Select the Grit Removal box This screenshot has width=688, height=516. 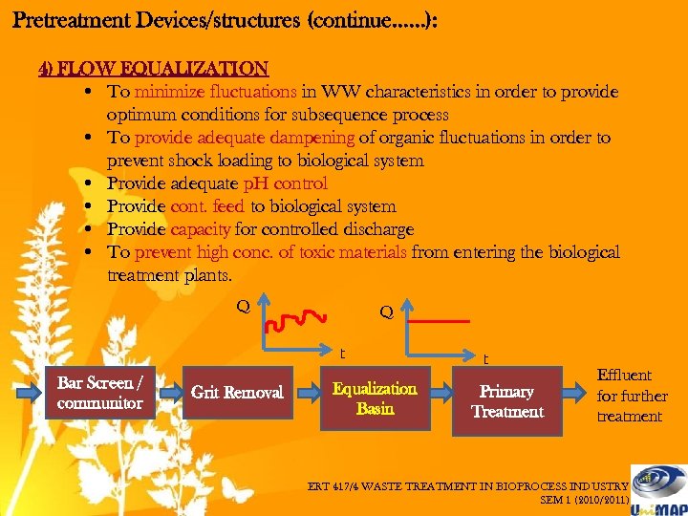coord(237,393)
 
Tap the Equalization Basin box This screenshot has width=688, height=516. coord(374,398)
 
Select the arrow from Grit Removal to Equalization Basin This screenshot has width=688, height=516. coord(307,393)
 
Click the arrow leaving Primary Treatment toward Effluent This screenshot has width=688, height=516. coord(577,394)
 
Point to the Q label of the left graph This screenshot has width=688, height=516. coord(244,306)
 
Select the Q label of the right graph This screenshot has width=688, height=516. coord(386,312)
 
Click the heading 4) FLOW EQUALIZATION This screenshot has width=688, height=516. coord(153,69)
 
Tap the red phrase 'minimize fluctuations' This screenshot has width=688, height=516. coord(216,93)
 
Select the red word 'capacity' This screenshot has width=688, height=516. coord(201,229)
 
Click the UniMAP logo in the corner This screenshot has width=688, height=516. coord(659,489)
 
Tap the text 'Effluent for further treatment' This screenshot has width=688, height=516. coord(631,396)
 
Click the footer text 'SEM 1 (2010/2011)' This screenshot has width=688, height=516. coord(584,499)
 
